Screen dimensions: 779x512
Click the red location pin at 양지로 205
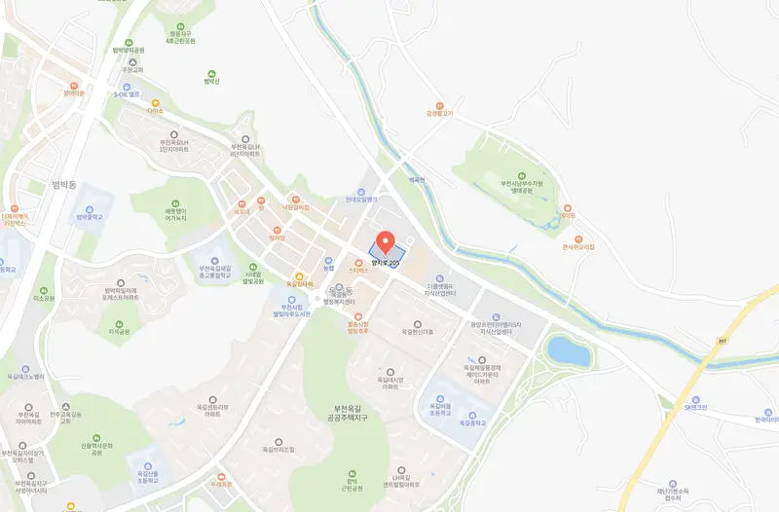coord(385,241)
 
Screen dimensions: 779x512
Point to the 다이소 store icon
coord(155,103)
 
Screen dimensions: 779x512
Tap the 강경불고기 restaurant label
coord(440,112)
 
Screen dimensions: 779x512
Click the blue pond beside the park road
coord(569,350)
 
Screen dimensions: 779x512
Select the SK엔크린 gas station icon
coord(696,400)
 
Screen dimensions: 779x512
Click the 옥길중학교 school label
coord(471,423)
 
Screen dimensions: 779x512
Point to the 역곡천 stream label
coord(419,179)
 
